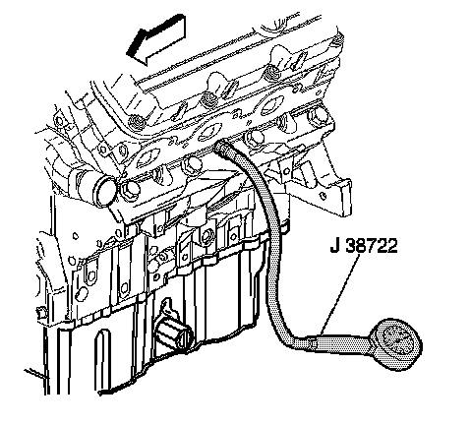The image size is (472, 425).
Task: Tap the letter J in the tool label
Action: point(335,245)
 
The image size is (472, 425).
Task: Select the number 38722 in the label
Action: point(372,245)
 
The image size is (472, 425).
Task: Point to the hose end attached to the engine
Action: point(219,147)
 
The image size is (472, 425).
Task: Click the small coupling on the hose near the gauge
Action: point(313,343)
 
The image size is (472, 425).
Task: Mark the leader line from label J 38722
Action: point(339,294)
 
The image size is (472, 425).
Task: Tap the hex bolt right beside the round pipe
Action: point(130,190)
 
